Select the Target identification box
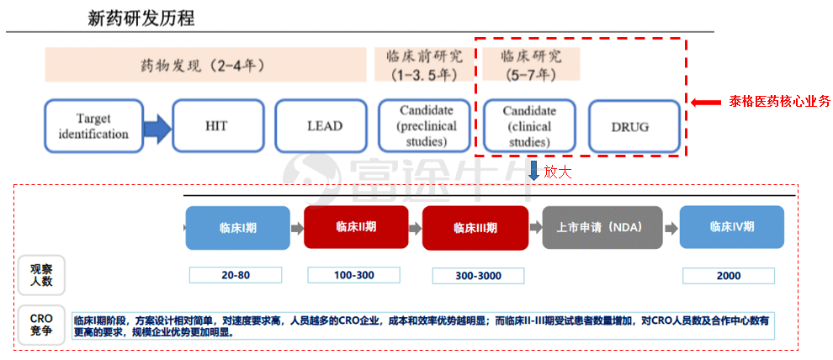pyautogui.click(x=94, y=126)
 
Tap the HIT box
pyautogui.click(x=218, y=126)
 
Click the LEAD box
pyautogui.click(x=321, y=126)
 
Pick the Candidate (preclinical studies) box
pyautogui.click(x=424, y=126)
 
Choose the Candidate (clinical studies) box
pyautogui.click(x=529, y=126)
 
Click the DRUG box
pyautogui.click(x=634, y=127)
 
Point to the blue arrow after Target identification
pyautogui.click(x=158, y=127)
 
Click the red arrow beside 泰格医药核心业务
pyautogui.click(x=706, y=102)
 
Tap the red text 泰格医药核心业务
pyautogui.click(x=779, y=102)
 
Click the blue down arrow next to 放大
pyautogui.click(x=533, y=171)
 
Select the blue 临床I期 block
pyautogui.click(x=238, y=228)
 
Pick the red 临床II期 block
pyautogui.click(x=356, y=227)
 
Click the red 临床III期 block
pyautogui.click(x=475, y=228)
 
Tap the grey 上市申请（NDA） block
pyautogui.click(x=602, y=227)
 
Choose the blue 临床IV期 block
pyautogui.click(x=732, y=227)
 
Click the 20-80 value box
pyautogui.click(x=236, y=275)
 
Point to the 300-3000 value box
pyautogui.click(x=478, y=276)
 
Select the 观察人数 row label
pyautogui.click(x=41, y=275)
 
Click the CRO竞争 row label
pyautogui.click(x=41, y=326)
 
